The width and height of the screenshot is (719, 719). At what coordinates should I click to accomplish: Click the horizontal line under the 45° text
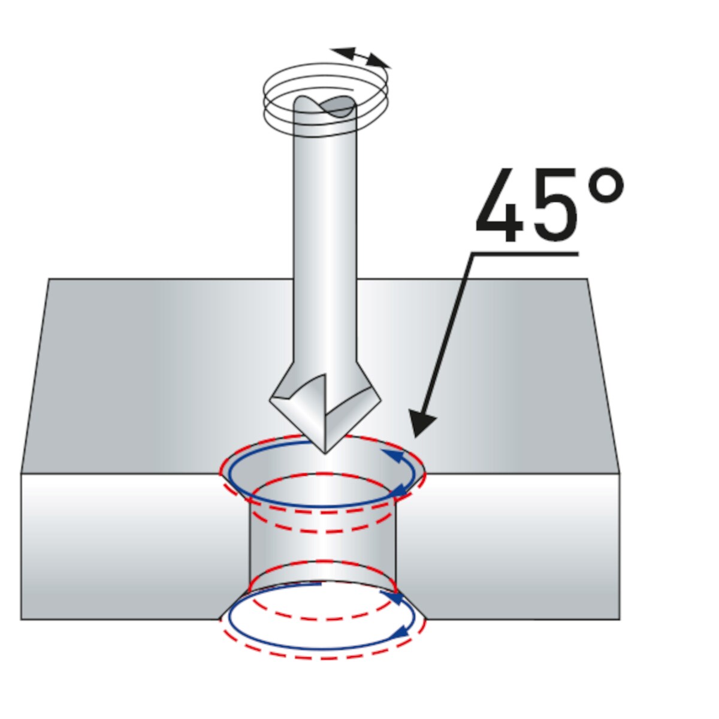click(x=525, y=254)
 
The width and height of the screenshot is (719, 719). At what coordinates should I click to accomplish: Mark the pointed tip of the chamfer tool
click(x=325, y=453)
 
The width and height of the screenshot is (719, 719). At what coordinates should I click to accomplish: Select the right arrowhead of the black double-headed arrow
click(x=378, y=62)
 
